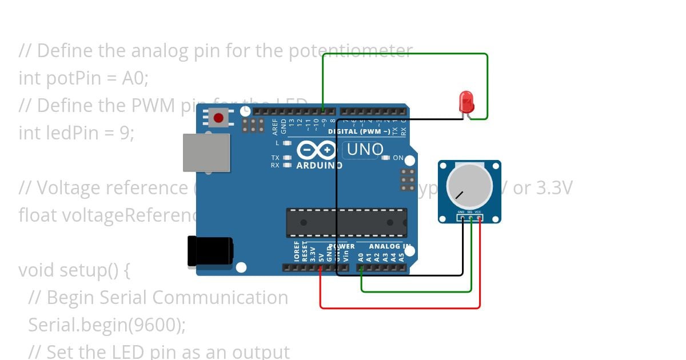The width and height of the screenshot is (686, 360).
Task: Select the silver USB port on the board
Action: coord(206,153)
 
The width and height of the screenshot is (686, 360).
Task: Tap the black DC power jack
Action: coord(210,251)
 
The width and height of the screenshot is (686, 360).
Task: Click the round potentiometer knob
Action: coord(469,185)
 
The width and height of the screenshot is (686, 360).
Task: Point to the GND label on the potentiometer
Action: coord(461,212)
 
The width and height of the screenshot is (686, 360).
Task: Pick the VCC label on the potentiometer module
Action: coord(478,212)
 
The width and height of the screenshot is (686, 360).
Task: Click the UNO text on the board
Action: coord(365,150)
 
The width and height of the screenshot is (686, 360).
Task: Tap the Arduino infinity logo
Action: coord(317,150)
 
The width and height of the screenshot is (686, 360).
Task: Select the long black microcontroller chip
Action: coord(346,223)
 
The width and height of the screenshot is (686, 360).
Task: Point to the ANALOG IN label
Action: coord(389,246)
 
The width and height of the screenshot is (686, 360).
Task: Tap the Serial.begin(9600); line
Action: coord(107,325)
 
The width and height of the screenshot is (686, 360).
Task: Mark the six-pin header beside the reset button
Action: coord(253,125)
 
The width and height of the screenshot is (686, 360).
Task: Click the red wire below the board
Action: coord(400,308)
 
